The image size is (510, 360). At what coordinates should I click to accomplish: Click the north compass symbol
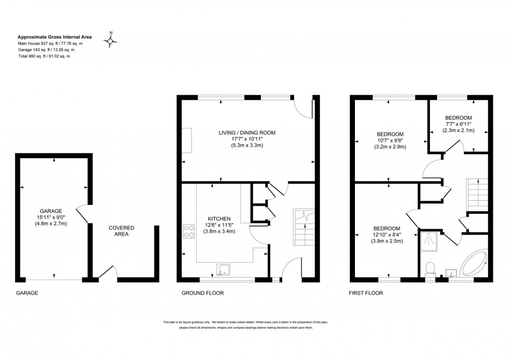click(111, 40)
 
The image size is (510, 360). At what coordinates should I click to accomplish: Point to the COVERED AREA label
click(121, 231)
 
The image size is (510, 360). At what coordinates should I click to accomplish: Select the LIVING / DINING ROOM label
click(247, 133)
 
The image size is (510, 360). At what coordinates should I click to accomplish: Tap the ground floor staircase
click(304, 227)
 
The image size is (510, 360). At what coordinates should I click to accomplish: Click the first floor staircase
click(477, 194)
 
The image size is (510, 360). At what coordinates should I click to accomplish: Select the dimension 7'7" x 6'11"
click(458, 124)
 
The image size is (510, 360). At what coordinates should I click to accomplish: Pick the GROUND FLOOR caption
click(202, 293)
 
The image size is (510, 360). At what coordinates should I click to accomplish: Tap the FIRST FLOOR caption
click(365, 293)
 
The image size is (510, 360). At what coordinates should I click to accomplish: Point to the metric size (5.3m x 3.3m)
click(247, 146)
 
